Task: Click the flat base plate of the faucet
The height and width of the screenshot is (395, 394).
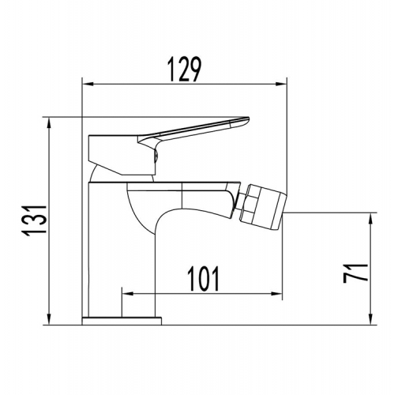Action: coord(122,319)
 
